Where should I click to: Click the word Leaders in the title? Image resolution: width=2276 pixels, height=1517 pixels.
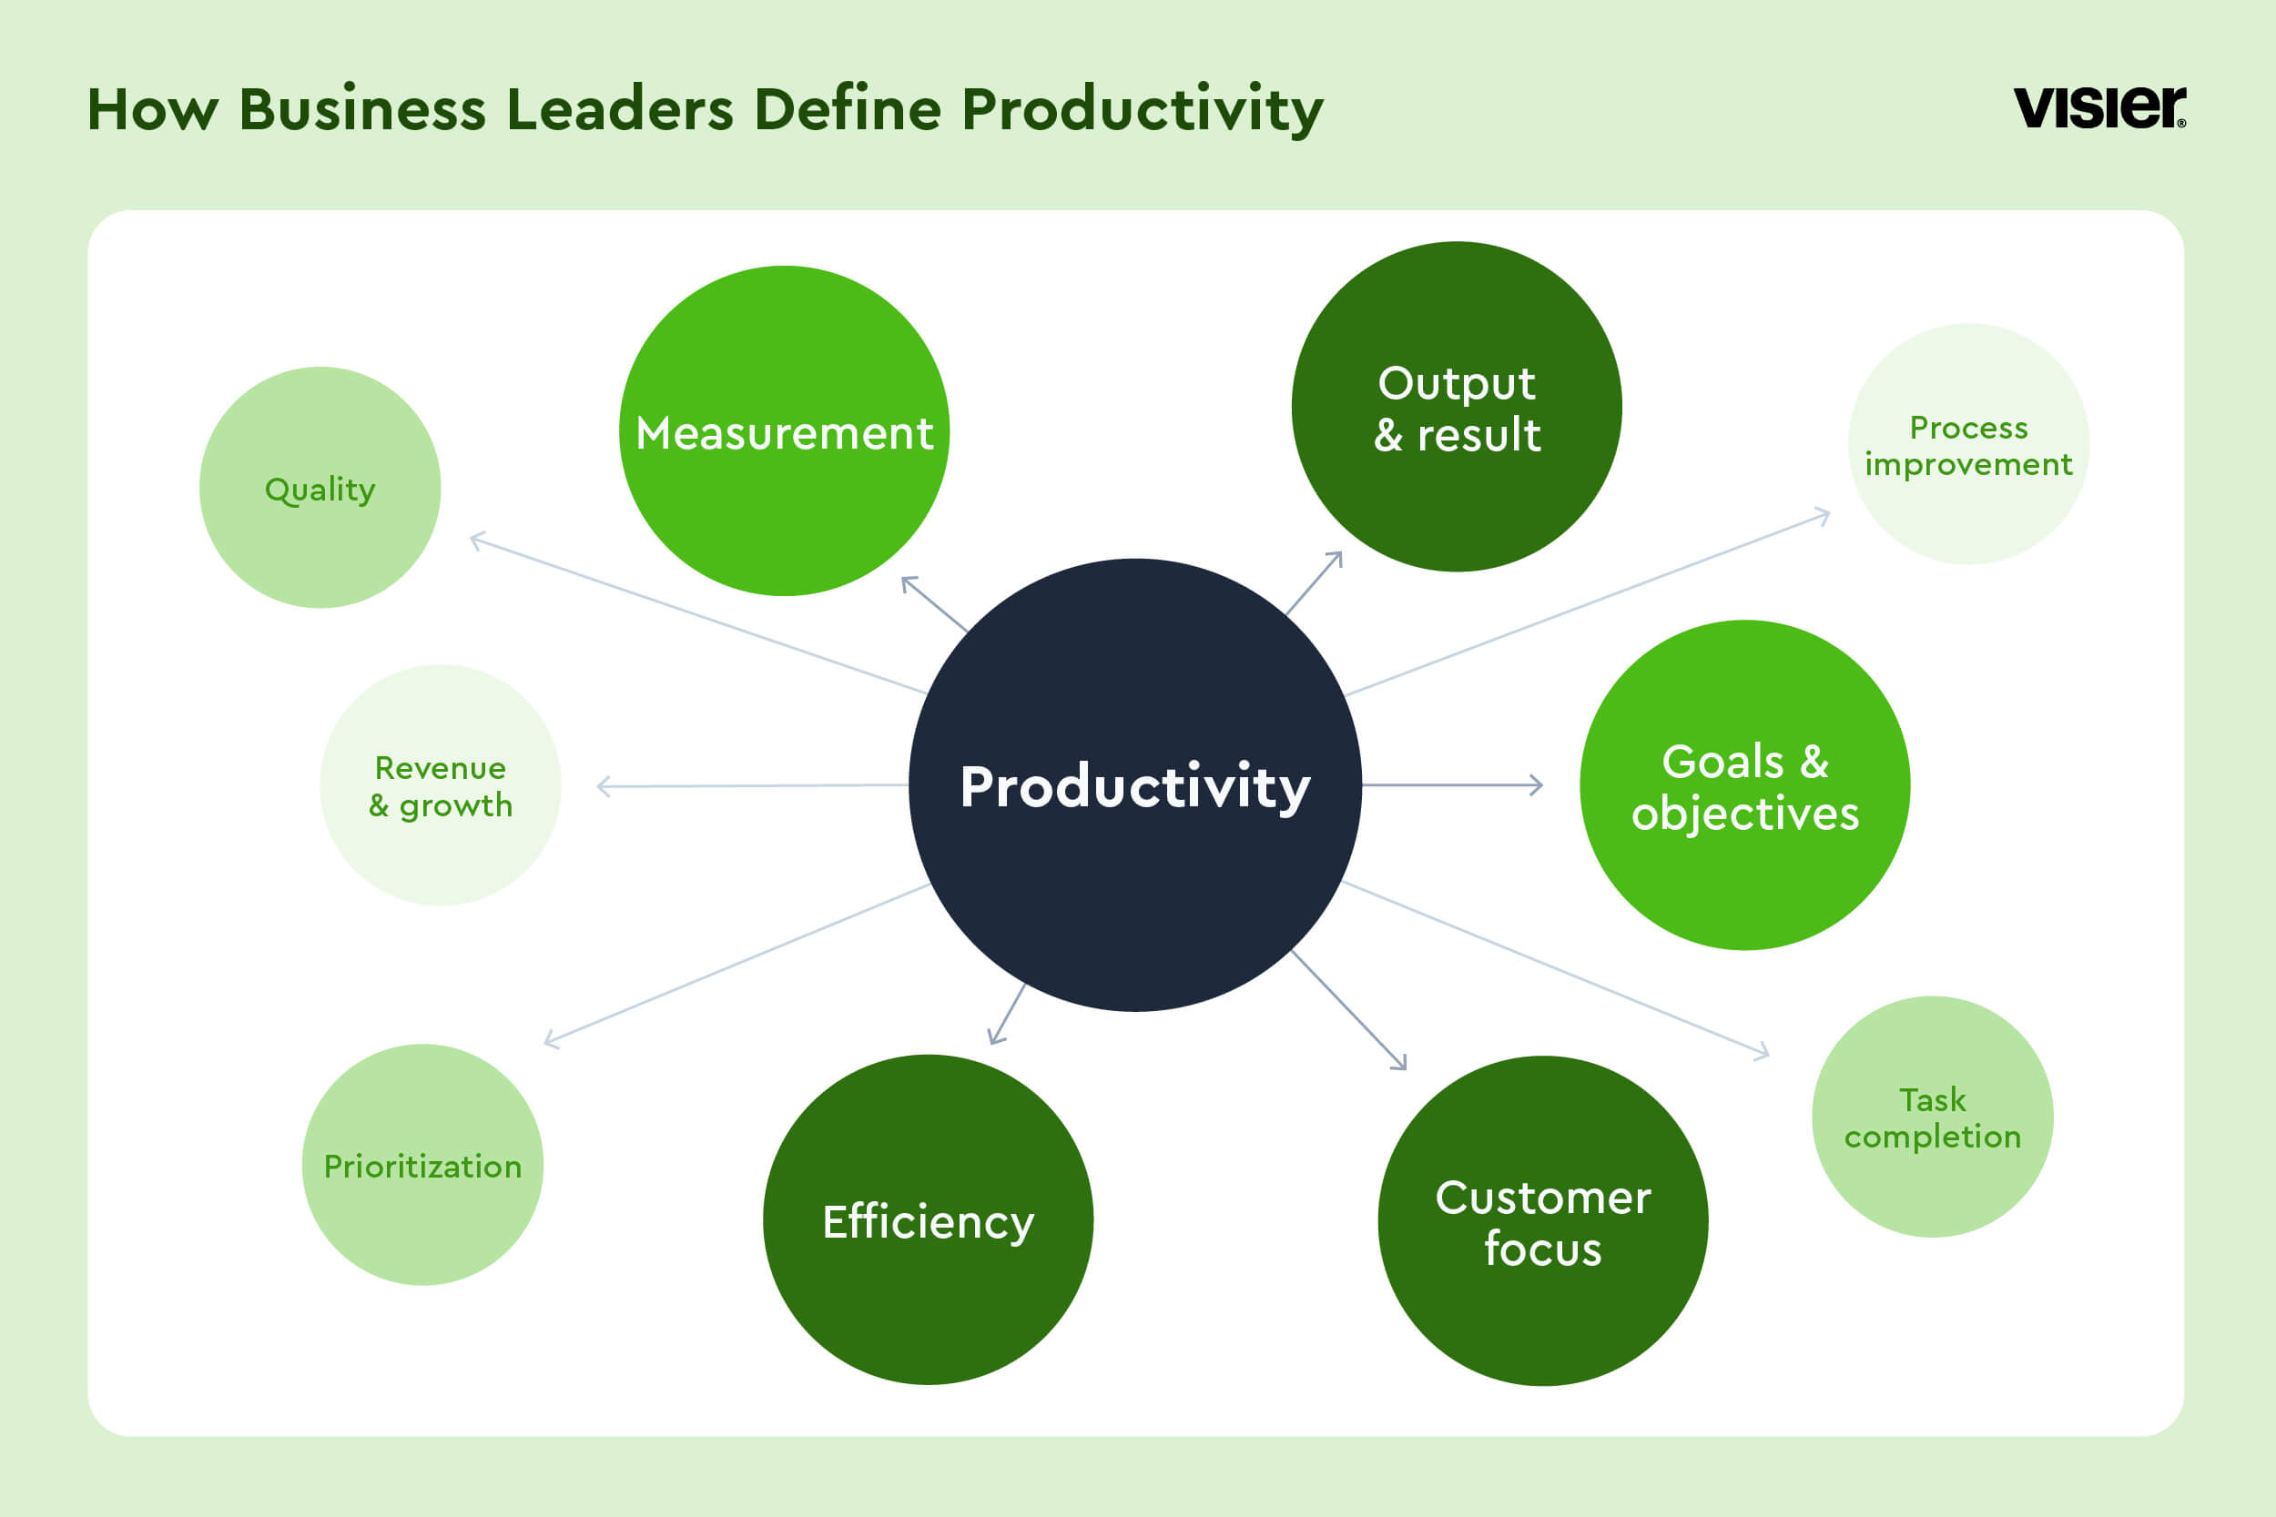(619, 108)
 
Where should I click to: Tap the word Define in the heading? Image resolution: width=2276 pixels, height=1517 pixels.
(848, 108)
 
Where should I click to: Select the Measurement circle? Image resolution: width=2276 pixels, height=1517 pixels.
(784, 430)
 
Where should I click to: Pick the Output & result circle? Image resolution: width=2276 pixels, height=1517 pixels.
(1457, 407)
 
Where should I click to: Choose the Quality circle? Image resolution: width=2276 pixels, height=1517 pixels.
(320, 488)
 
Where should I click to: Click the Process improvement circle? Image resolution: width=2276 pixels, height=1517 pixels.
(1968, 444)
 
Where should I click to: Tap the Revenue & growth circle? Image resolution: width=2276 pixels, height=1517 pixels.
(441, 785)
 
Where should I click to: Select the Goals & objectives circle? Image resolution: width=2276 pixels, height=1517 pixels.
(1744, 785)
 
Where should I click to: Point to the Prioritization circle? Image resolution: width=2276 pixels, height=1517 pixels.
(422, 1165)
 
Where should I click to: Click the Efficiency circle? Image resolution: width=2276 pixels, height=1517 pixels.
(928, 1220)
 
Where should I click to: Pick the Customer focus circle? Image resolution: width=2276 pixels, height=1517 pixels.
(1542, 1221)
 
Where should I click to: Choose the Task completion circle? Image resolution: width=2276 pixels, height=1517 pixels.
(1933, 1118)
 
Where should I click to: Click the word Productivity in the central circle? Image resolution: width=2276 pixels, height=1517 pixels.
(1135, 786)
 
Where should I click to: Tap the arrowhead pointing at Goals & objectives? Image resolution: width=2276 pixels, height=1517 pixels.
(1537, 784)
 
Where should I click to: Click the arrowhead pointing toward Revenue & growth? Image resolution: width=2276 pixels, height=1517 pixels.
(604, 786)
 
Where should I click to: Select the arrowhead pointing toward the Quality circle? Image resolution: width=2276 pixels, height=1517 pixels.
(477, 540)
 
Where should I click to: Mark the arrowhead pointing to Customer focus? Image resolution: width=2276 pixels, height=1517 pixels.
(1399, 1061)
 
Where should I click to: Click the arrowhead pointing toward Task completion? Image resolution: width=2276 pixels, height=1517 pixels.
(1763, 1051)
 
